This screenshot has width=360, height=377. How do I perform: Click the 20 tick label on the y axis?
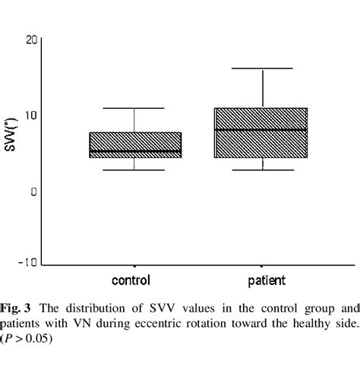(30, 40)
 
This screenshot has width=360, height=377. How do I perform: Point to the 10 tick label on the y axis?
(30, 115)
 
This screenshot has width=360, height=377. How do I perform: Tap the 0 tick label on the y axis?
(33, 191)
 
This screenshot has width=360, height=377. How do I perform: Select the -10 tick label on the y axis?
(27, 263)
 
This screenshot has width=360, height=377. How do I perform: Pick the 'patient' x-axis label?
(262, 280)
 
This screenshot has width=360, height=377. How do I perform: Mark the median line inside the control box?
(135, 151)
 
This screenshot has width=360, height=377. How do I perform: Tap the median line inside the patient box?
(262, 130)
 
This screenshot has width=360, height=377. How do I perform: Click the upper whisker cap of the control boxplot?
(135, 108)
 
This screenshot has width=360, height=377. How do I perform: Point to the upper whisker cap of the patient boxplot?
(262, 69)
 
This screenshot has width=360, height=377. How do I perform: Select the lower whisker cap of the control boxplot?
(135, 169)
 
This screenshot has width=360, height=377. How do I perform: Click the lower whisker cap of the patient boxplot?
(262, 169)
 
